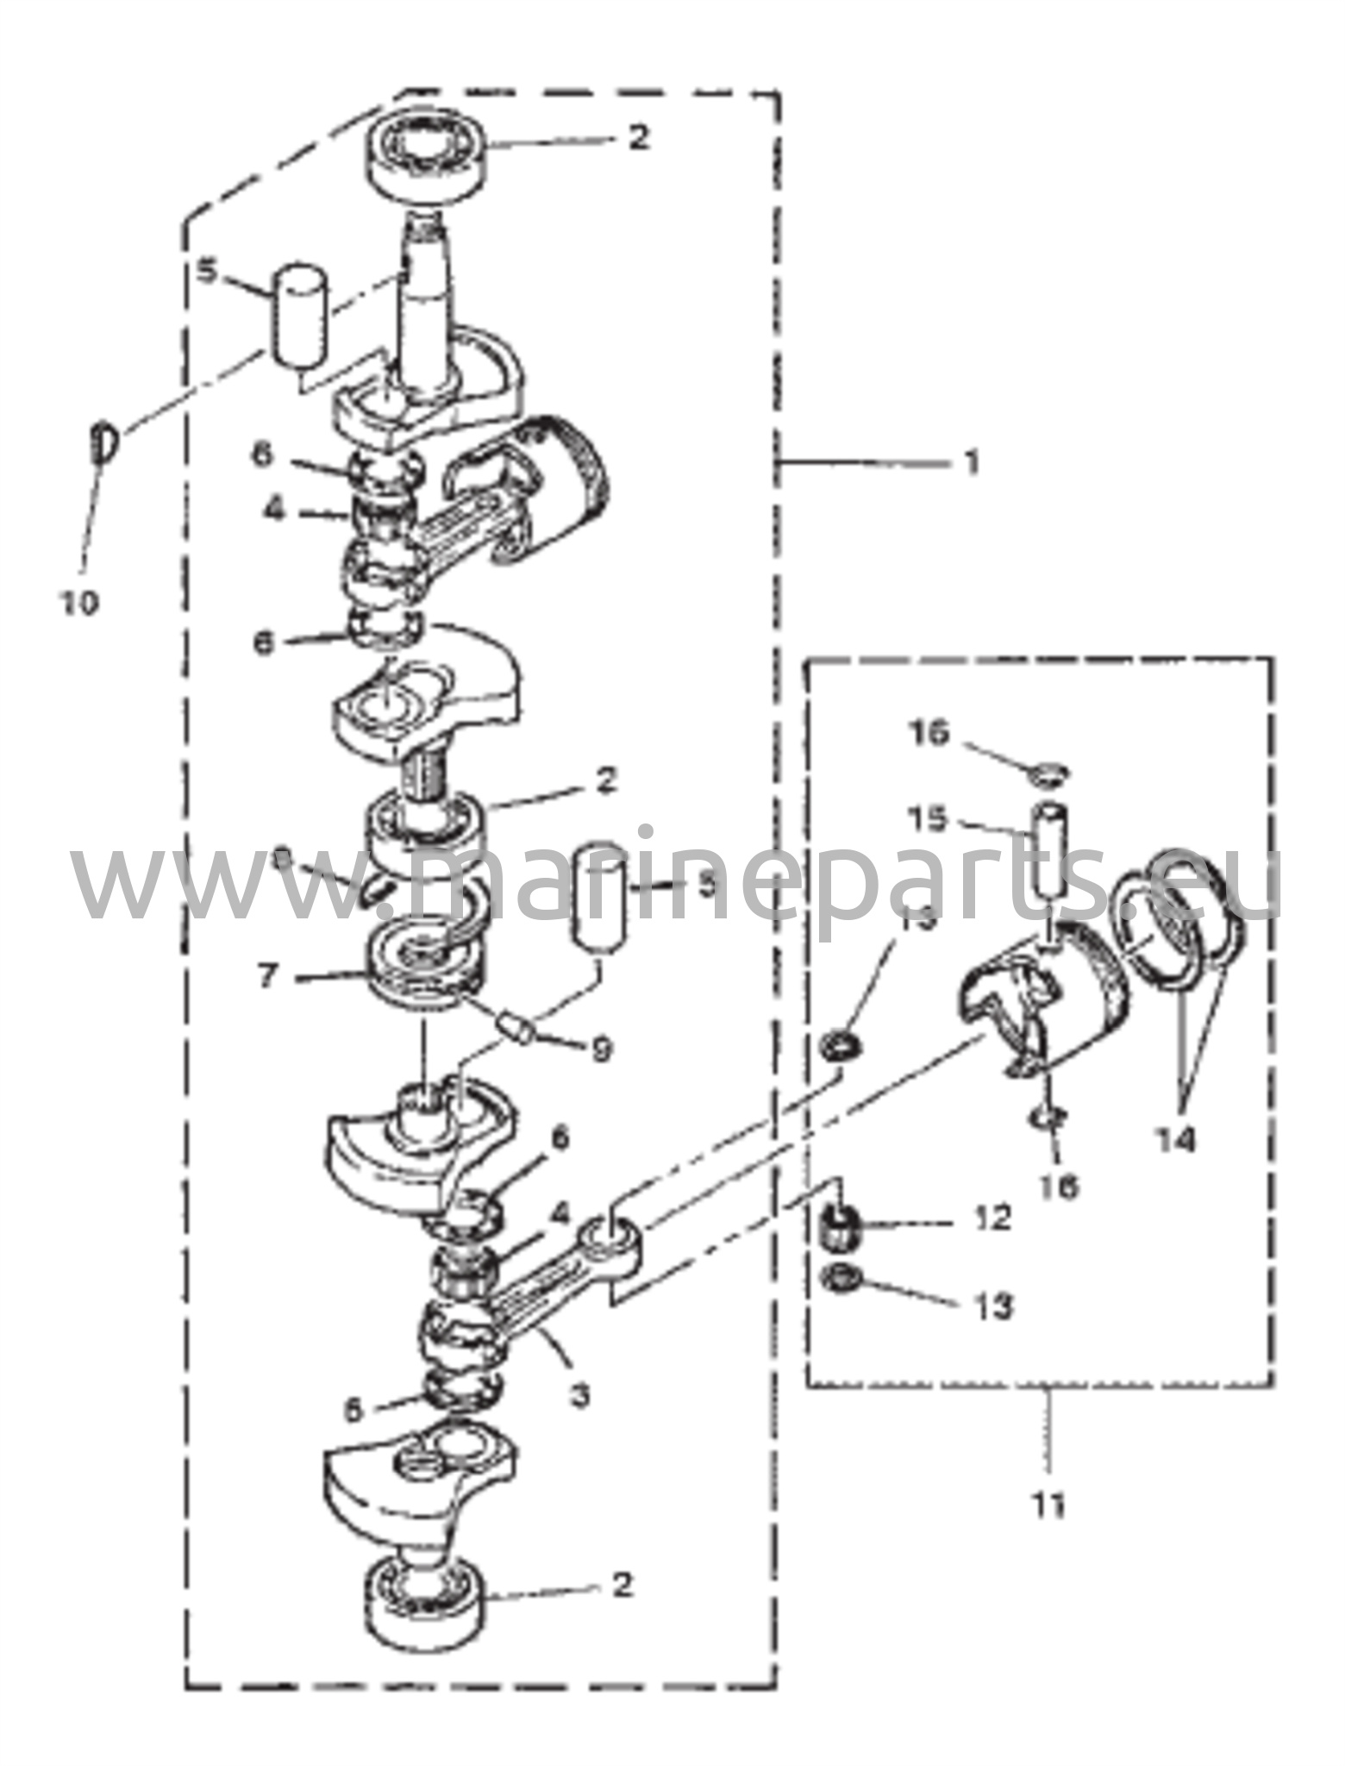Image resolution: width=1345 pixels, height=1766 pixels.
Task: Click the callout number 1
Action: coord(971,463)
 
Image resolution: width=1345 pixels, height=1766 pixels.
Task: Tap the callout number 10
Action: coord(79,602)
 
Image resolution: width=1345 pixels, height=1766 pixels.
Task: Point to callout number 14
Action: coord(1177,1140)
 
